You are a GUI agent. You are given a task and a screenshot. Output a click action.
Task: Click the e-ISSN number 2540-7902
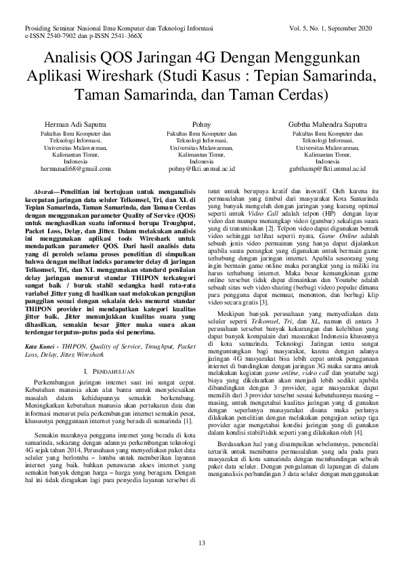[56, 35]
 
